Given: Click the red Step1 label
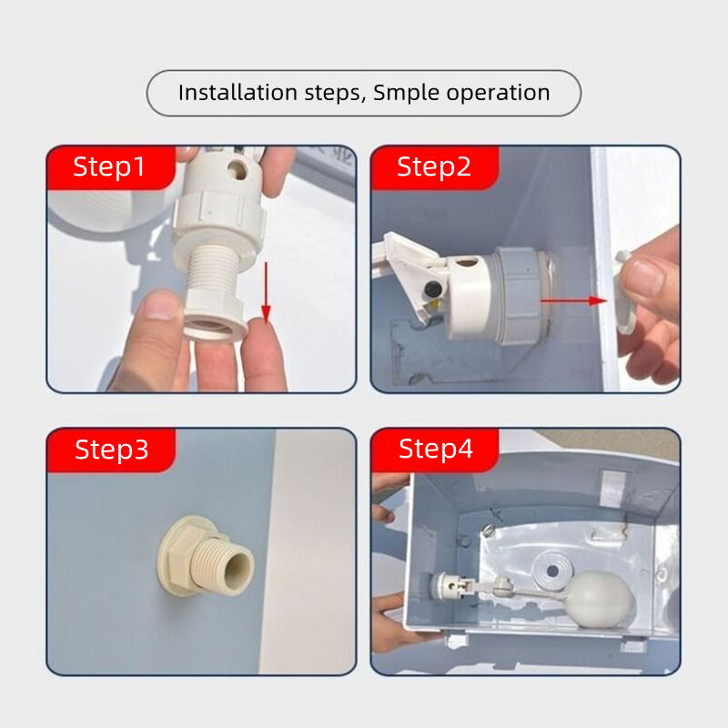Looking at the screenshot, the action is (x=111, y=167).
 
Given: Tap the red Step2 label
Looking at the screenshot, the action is (x=435, y=167).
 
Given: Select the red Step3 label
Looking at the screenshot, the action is (x=111, y=450).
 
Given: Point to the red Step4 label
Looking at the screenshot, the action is (x=435, y=450).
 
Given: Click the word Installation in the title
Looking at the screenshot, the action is (x=238, y=93).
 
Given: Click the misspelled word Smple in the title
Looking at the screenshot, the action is (x=406, y=94).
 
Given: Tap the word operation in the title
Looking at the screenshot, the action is (x=498, y=94).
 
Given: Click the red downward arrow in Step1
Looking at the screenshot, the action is (x=266, y=292).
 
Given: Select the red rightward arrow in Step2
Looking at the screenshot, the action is (x=574, y=300).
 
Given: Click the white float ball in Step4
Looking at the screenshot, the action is (x=599, y=599).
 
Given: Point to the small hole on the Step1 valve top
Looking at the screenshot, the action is (x=238, y=170).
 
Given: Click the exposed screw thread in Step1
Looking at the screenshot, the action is (x=211, y=270).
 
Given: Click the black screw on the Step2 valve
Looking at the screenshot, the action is (x=434, y=289).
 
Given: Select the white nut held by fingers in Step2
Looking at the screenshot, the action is (x=625, y=292).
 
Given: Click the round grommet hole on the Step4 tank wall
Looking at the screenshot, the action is (x=552, y=571).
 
